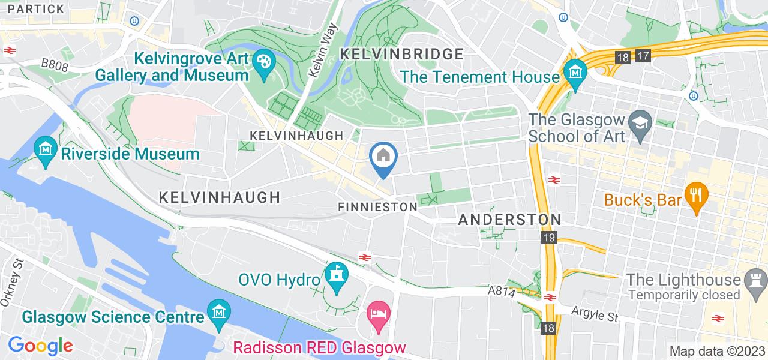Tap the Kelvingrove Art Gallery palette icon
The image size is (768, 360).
coord(263,61)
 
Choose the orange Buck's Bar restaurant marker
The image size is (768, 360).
coord(697,195)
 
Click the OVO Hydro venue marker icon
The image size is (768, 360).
coord(336,275)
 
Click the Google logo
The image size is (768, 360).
coord(40,345)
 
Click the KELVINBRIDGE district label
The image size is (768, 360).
coord(401,54)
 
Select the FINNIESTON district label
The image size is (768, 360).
coord(377,206)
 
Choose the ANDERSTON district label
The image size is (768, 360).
coord(509,220)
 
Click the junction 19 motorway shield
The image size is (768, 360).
coord(549,238)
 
